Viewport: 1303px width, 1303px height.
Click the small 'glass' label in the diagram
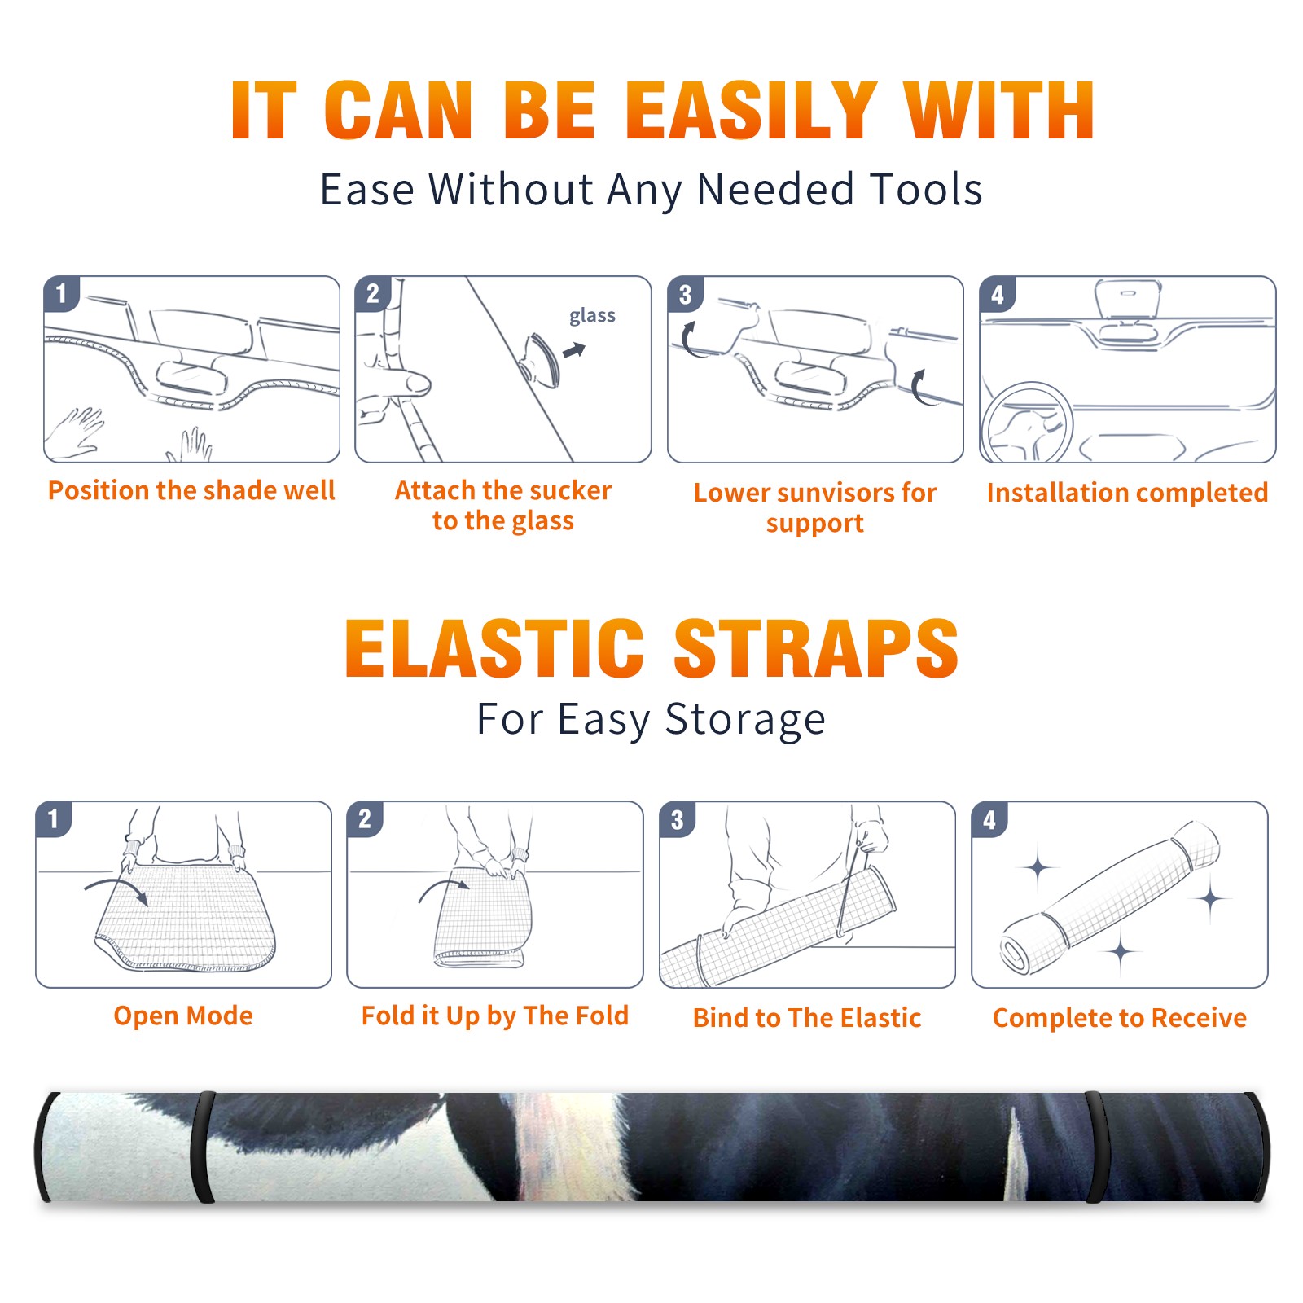pyautogui.click(x=592, y=316)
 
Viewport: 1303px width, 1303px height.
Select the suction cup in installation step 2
pyautogui.click(x=542, y=359)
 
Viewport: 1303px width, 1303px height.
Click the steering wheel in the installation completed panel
pyautogui.click(x=1027, y=421)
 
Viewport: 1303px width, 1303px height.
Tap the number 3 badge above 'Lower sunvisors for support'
pyautogui.click(x=686, y=295)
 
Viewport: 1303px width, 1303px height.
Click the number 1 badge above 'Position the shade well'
pyautogui.click(x=61, y=293)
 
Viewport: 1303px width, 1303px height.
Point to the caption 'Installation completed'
pyautogui.click(x=1127, y=493)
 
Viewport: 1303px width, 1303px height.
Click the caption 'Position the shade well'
pyautogui.click(x=191, y=490)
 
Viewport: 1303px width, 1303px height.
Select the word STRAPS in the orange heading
pyautogui.click(x=816, y=648)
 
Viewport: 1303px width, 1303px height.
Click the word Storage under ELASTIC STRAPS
pyautogui.click(x=745, y=720)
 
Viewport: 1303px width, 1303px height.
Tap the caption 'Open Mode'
pyautogui.click(x=183, y=1016)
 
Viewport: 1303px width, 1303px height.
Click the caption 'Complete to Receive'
pyautogui.click(x=1120, y=1018)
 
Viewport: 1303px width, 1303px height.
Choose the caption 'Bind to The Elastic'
pyautogui.click(x=807, y=1018)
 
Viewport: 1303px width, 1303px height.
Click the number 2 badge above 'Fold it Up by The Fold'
pyautogui.click(x=365, y=818)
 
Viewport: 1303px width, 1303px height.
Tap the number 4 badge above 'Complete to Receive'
pyautogui.click(x=989, y=819)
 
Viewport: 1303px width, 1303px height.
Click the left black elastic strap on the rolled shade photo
pyautogui.click(x=202, y=1147)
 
